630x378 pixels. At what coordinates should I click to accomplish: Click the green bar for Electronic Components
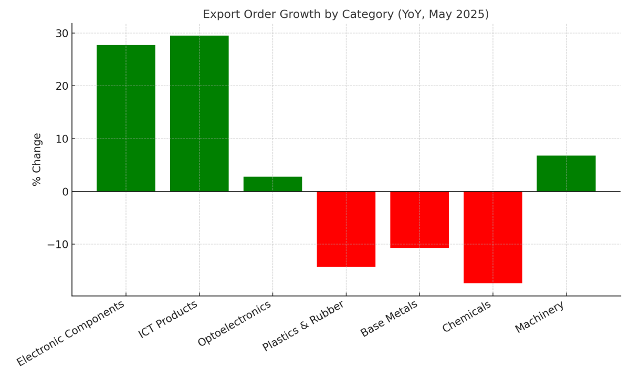tap(126, 118)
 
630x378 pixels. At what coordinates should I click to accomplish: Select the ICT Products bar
tap(199, 113)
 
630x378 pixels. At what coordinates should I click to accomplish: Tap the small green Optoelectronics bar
tap(272, 184)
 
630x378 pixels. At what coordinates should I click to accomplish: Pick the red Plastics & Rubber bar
tap(346, 229)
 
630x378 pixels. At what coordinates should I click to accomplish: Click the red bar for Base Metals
tap(419, 219)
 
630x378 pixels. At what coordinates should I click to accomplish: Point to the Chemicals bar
tap(492, 237)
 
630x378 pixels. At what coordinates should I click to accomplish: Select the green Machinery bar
tap(566, 174)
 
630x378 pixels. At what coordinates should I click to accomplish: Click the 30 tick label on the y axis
tap(62, 34)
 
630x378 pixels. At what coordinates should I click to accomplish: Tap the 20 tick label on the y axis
tap(62, 86)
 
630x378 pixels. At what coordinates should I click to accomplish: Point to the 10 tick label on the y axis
tap(62, 139)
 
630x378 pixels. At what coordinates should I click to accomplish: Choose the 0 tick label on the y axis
tap(65, 192)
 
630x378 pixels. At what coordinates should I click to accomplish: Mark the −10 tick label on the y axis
tap(58, 245)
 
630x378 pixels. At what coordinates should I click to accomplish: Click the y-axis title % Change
tap(37, 159)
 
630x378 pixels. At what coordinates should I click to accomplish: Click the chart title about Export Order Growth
tap(345, 15)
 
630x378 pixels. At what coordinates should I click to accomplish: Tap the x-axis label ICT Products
tap(169, 319)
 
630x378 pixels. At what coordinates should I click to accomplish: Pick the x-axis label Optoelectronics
tap(235, 323)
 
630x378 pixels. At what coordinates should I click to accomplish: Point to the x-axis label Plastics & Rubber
tap(304, 325)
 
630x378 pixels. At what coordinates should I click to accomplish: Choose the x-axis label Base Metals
tap(390, 319)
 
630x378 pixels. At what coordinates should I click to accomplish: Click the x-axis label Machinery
tap(540, 317)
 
